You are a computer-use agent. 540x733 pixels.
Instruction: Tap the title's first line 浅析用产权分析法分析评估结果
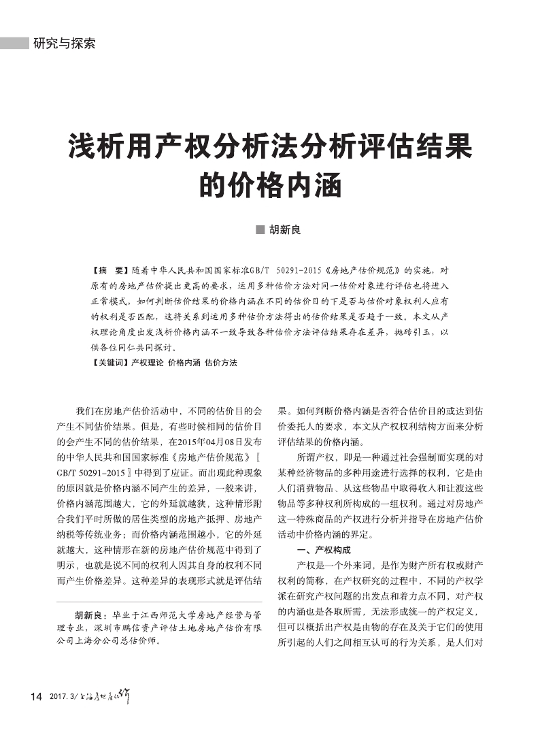point(269,147)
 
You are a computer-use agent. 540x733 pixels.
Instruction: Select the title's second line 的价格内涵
point(269,184)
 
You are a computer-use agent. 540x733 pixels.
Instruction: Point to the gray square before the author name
point(259,230)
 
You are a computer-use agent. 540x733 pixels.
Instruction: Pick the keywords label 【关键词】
point(109,363)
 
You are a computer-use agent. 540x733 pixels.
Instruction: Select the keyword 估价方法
point(220,363)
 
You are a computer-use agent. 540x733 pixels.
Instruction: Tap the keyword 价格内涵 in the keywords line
point(184,363)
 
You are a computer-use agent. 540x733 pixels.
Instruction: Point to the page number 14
point(36,696)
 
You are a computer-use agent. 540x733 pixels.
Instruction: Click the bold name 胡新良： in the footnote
point(93,615)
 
